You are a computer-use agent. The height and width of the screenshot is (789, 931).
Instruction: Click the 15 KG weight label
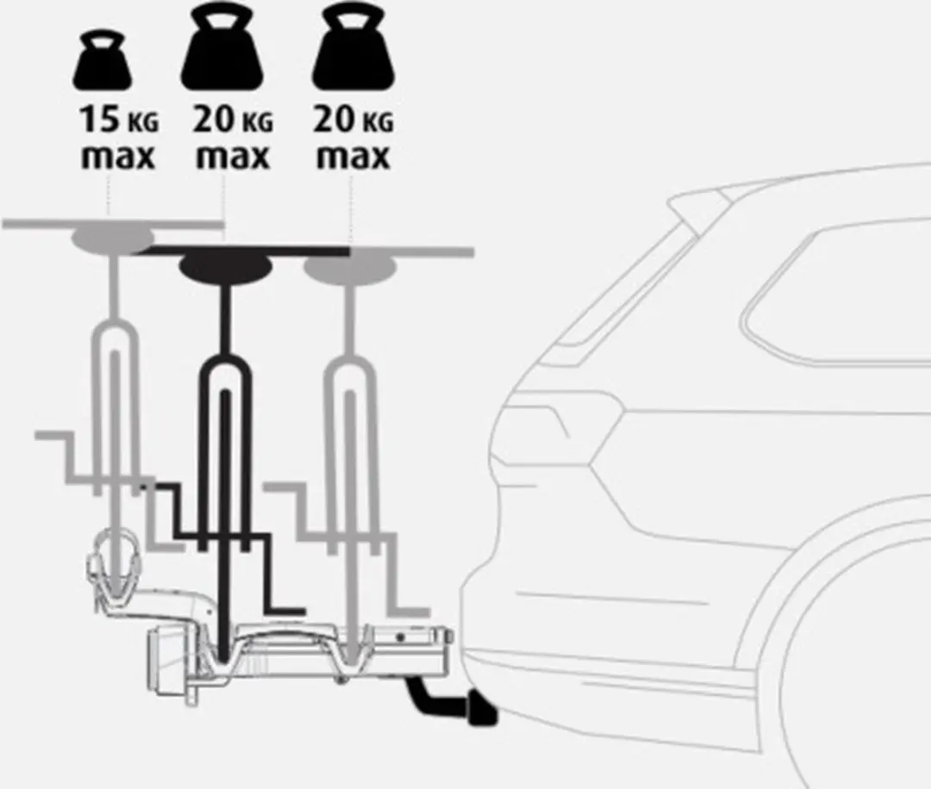[119, 119]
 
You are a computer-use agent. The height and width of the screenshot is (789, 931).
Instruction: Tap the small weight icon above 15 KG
[102, 60]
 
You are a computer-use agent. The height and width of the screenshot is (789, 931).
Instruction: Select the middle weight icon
[222, 47]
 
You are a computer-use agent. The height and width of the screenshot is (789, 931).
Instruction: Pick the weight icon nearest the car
[353, 47]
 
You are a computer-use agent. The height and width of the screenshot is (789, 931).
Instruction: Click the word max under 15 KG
[117, 158]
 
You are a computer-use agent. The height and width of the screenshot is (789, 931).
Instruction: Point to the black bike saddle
[226, 267]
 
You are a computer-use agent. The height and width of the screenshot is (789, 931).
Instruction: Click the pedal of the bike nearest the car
[409, 611]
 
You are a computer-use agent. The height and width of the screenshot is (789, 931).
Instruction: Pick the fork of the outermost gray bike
[116, 403]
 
